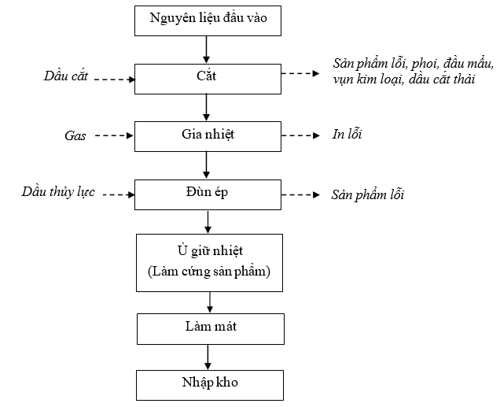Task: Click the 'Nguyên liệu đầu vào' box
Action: coord(208,20)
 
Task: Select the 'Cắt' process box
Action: coord(208,79)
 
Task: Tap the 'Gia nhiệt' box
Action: coord(208,136)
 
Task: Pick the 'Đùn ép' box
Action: coord(208,194)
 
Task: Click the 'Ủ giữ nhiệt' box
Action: coord(209,263)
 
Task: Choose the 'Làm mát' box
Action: coord(211,329)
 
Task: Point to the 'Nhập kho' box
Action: coord(210,385)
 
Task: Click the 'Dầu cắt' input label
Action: coord(66,76)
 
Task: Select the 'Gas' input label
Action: coord(75,136)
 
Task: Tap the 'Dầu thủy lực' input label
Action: coord(58,192)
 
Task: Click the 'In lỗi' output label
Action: coord(347,134)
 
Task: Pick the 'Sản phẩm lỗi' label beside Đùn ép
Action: coord(368,194)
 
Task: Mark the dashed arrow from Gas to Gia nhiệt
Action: coord(114,135)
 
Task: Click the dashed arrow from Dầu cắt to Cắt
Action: coord(115,80)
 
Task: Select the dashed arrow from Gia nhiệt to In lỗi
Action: coord(300,135)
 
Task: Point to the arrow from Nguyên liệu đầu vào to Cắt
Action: coord(206,50)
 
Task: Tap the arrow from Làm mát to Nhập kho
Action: coord(208,357)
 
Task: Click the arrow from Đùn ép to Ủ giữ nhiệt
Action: coord(208,222)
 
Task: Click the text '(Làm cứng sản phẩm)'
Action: coord(209,272)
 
